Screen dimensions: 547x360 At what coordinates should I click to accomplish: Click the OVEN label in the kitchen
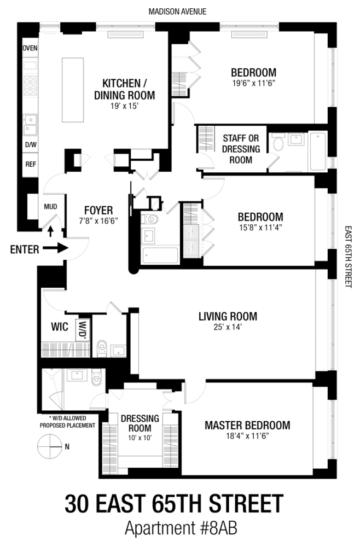pyautogui.click(x=30, y=48)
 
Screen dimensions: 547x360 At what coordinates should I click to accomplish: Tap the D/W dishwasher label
pyautogui.click(x=30, y=146)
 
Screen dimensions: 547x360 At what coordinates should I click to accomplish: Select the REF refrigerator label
pyautogui.click(x=30, y=164)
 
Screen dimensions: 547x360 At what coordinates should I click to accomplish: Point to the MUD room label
pyautogui.click(x=50, y=206)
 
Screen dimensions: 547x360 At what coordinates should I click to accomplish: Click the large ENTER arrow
pyautogui.click(x=55, y=249)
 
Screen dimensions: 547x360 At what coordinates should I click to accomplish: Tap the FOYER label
pyautogui.click(x=98, y=210)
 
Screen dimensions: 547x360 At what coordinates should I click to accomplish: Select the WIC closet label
pyautogui.click(x=59, y=327)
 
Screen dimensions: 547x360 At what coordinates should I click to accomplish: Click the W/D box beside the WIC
pyautogui.click(x=84, y=330)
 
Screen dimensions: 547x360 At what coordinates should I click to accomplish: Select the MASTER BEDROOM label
pyautogui.click(x=247, y=426)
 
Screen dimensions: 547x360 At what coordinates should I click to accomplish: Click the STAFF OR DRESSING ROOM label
pyautogui.click(x=237, y=149)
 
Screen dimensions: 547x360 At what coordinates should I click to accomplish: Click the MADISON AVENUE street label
pyautogui.click(x=179, y=11)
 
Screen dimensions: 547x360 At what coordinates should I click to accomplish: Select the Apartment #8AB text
pyautogui.click(x=179, y=529)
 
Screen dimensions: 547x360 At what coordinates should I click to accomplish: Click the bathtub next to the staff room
pyautogui.click(x=318, y=152)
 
